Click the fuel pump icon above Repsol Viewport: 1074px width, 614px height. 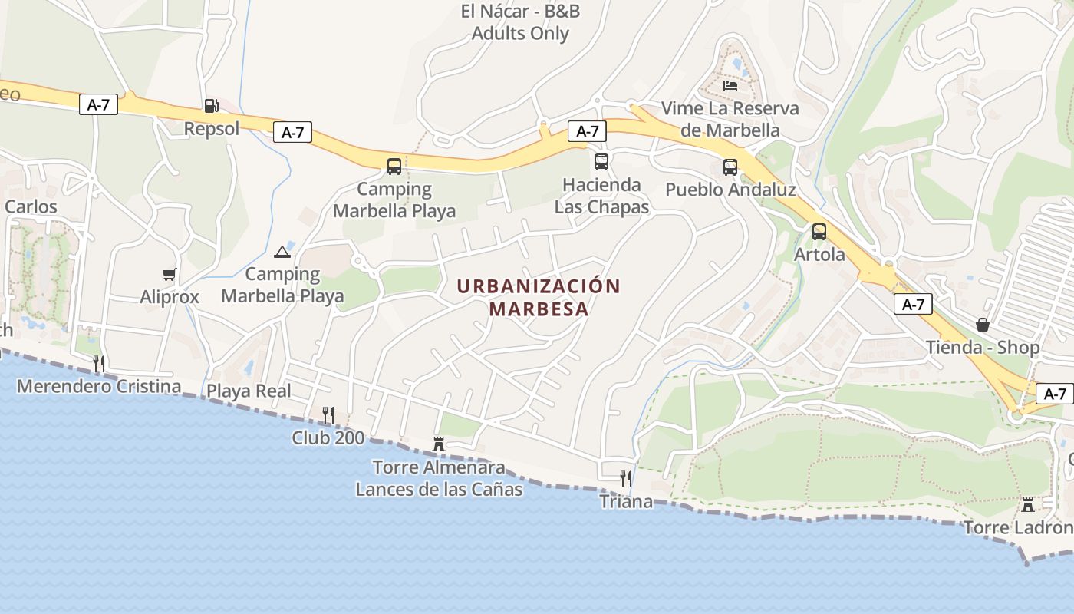211,106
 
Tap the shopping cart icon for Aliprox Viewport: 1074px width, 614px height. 170,274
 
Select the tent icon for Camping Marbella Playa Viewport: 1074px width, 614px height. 282,252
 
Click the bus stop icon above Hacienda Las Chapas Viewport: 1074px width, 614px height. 601,162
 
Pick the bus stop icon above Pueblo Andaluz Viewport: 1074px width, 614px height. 730,167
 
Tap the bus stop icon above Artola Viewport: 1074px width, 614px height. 819,231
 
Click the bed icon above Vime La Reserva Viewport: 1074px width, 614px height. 730,85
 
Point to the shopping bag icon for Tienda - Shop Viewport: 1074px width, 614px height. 983,325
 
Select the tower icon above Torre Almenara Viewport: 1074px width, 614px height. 439,444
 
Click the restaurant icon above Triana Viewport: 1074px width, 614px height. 626,479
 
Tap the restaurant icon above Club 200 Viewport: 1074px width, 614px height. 328,415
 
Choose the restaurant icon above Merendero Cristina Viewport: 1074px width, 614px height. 99,363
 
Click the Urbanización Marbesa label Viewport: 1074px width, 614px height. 539,297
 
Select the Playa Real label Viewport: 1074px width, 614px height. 249,391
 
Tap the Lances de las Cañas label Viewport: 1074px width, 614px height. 439,489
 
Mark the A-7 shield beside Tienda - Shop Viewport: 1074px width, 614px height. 913,304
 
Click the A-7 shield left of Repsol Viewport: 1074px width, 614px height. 98,104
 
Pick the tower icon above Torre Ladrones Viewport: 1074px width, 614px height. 1028,504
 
